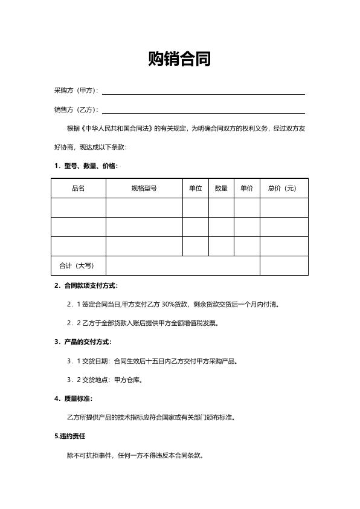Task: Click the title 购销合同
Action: (x=179, y=59)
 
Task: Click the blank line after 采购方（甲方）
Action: (x=203, y=91)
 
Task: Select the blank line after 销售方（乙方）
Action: (x=203, y=111)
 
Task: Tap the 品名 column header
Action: (x=79, y=188)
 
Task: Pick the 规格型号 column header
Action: (x=144, y=188)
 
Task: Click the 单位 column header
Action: (x=195, y=188)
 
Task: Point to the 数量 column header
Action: (x=221, y=188)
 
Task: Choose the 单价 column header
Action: (x=246, y=188)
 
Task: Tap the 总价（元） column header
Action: (x=283, y=188)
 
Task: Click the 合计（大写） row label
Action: (x=77, y=265)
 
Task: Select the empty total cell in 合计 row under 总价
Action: (x=284, y=265)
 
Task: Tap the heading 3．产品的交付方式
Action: (x=83, y=342)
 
